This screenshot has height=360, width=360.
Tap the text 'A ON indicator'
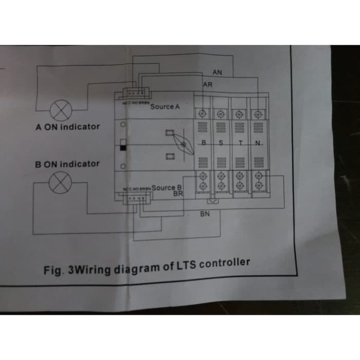(67, 127)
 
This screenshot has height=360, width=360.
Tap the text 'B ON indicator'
(67, 164)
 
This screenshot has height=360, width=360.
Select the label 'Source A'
(165, 106)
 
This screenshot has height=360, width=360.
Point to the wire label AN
(217, 73)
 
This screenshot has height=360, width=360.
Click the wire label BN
(205, 214)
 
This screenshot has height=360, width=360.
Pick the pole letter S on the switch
(221, 142)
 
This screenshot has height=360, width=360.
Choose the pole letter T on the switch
(240, 142)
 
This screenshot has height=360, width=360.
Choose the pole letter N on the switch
(257, 142)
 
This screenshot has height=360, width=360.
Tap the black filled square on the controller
(123, 148)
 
